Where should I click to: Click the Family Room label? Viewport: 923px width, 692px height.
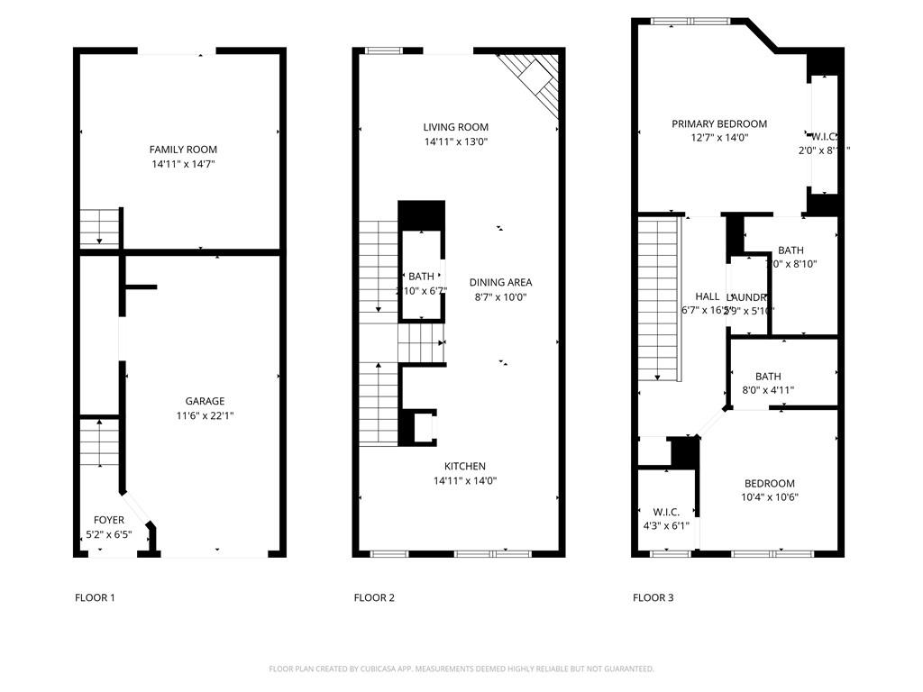click(x=183, y=150)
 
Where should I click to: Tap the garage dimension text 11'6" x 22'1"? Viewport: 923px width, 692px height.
click(x=205, y=416)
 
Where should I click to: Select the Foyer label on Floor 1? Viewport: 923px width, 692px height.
click(x=109, y=520)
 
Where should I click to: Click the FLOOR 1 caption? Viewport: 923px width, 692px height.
click(x=95, y=597)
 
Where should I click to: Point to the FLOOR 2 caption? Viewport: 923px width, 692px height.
click(x=374, y=597)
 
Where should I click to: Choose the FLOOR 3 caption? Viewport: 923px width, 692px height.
click(x=653, y=597)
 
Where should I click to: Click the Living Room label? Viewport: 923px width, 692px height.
click(x=456, y=127)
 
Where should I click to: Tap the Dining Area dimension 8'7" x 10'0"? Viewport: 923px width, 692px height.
click(x=500, y=297)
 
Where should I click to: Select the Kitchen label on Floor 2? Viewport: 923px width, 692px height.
click(x=464, y=466)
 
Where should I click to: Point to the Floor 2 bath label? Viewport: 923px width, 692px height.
click(x=421, y=277)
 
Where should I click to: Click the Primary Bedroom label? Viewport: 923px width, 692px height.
click(x=718, y=123)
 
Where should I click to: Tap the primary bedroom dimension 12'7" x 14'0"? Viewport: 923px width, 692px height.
click(x=718, y=138)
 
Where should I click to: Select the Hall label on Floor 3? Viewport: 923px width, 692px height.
click(x=708, y=296)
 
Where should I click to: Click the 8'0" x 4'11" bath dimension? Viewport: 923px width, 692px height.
click(x=768, y=391)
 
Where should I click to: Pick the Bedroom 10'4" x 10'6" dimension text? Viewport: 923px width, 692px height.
click(x=770, y=497)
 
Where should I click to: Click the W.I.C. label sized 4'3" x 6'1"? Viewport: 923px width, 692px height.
click(x=666, y=512)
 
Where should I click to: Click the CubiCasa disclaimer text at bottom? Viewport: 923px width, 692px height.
click(x=461, y=669)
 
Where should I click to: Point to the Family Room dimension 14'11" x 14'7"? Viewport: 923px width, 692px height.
click(x=183, y=164)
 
